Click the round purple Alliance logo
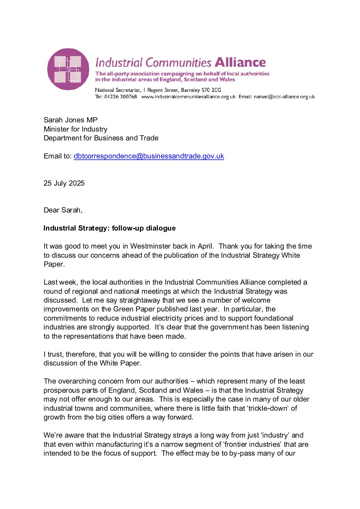point(68,69)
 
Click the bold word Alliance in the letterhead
point(240,62)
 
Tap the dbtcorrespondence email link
point(149,156)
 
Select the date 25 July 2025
point(64,183)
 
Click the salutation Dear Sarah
point(63,210)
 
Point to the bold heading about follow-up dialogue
point(110,228)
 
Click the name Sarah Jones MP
point(70,120)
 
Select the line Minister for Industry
point(75,129)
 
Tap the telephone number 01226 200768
point(120,97)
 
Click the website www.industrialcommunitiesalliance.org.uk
point(188,97)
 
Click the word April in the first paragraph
point(204,246)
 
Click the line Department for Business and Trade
point(101,138)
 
